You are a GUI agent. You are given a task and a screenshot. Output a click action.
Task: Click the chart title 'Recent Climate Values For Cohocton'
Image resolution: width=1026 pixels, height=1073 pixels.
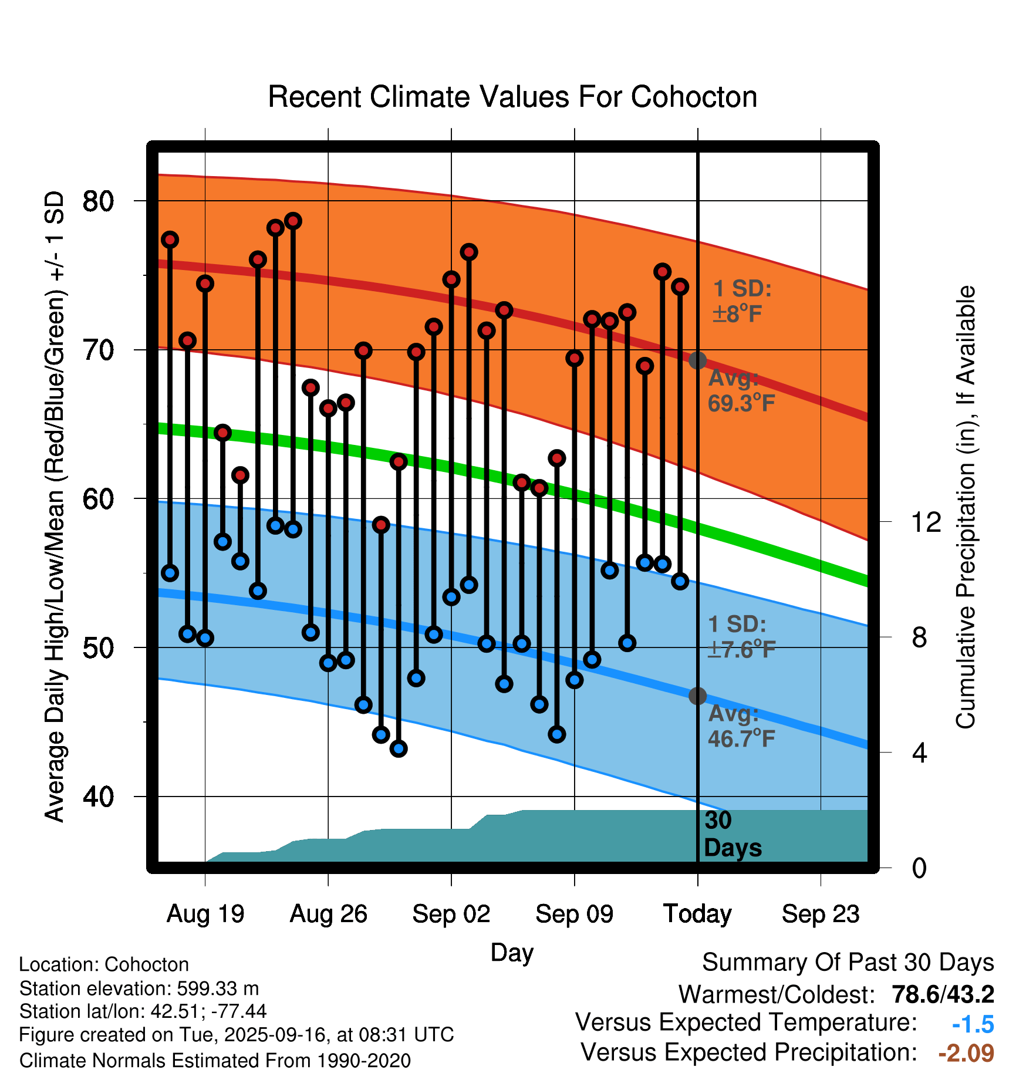tap(512, 97)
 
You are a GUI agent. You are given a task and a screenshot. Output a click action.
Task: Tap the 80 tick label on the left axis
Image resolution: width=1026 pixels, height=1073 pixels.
tap(98, 201)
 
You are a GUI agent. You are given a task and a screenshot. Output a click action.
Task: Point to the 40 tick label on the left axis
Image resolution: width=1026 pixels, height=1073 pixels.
tap(98, 797)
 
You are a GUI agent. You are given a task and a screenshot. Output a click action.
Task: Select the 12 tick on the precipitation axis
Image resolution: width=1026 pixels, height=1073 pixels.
tap(926, 522)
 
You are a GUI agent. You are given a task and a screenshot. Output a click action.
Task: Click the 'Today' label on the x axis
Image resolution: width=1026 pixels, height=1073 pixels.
tap(697, 914)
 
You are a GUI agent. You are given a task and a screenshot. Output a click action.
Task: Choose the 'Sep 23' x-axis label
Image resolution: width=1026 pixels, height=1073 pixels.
tap(821, 914)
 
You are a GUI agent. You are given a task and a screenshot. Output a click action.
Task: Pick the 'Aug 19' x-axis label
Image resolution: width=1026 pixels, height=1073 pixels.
tap(205, 914)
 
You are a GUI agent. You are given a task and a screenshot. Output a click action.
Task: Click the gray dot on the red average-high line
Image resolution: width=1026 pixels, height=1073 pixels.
tap(697, 360)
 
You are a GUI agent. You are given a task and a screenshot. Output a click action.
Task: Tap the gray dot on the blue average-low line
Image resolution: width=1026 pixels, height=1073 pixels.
tap(697, 696)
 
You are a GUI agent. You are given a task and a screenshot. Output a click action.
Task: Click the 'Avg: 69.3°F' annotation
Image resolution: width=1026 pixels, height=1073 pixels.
tap(741, 391)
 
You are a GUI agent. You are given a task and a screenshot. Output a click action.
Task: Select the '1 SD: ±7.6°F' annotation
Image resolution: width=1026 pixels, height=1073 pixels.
tap(741, 637)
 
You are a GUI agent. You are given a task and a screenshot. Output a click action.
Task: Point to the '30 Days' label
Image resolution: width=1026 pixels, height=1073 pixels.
tap(732, 834)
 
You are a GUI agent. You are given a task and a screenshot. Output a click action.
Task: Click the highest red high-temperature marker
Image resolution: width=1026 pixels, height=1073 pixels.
tap(293, 221)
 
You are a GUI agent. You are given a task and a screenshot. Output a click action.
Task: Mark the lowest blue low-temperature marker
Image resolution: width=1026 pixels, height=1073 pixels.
tap(399, 748)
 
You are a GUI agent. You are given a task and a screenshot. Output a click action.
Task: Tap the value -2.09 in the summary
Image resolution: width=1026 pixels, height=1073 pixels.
tap(966, 1053)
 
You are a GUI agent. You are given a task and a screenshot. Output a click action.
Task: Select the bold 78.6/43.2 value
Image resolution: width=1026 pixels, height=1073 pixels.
tap(943, 994)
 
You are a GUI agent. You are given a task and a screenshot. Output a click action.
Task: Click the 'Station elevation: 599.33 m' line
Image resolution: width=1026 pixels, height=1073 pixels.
tap(139, 988)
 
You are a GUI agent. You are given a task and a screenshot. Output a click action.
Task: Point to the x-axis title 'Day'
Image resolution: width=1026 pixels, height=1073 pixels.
tap(512, 953)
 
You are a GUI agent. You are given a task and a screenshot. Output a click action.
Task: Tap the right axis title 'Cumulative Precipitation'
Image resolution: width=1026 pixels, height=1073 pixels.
tap(966, 508)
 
